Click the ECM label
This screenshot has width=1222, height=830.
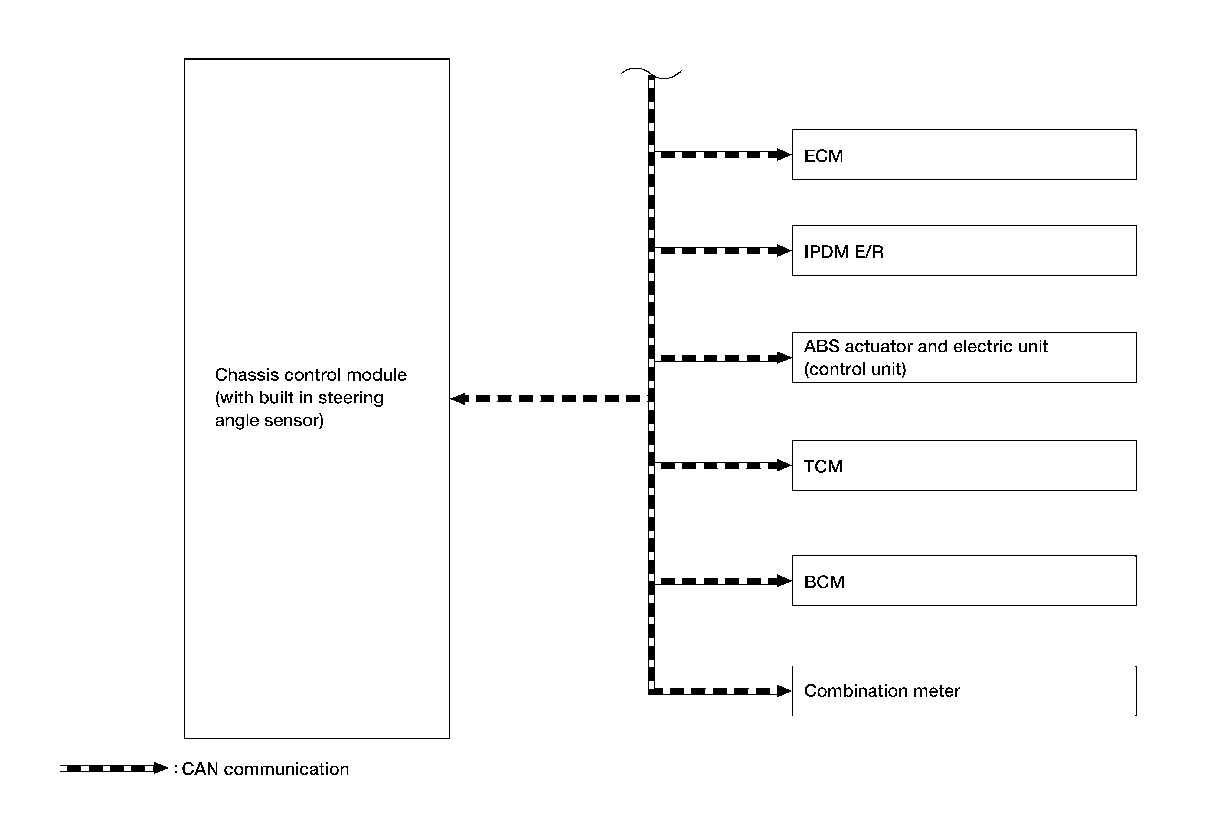click(x=823, y=156)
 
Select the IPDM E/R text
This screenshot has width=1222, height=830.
click(x=843, y=252)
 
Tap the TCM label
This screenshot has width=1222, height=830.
click(x=823, y=466)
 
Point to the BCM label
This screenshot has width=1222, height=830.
click(x=824, y=582)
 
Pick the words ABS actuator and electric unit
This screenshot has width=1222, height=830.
click(x=926, y=346)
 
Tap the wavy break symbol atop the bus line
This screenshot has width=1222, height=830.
click(x=651, y=73)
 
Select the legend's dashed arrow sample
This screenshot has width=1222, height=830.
click(x=113, y=769)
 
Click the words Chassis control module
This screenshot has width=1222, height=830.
click(x=311, y=375)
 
